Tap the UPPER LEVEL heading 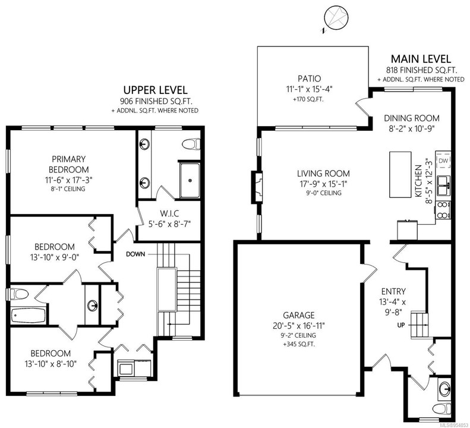pyautogui.click(x=156, y=90)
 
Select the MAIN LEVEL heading pyautogui.click(x=421, y=59)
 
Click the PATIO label pyautogui.click(x=310, y=78)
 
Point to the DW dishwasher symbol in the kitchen pyautogui.click(x=443, y=160)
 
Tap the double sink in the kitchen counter pyautogui.click(x=443, y=186)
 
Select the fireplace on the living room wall pyautogui.click(x=257, y=187)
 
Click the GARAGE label pyautogui.click(x=299, y=315)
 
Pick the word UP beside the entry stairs pyautogui.click(x=400, y=325)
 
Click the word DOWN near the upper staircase pyautogui.click(x=135, y=254)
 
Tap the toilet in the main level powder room pyautogui.click(x=442, y=408)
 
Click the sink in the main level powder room pyautogui.click(x=444, y=389)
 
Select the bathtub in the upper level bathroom pyautogui.click(x=29, y=316)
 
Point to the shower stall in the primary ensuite pyautogui.click(x=190, y=180)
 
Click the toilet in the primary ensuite pyautogui.click(x=191, y=144)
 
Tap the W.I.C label pyautogui.click(x=169, y=213)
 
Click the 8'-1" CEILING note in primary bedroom pyautogui.click(x=69, y=189)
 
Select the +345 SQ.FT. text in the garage pyautogui.click(x=299, y=344)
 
